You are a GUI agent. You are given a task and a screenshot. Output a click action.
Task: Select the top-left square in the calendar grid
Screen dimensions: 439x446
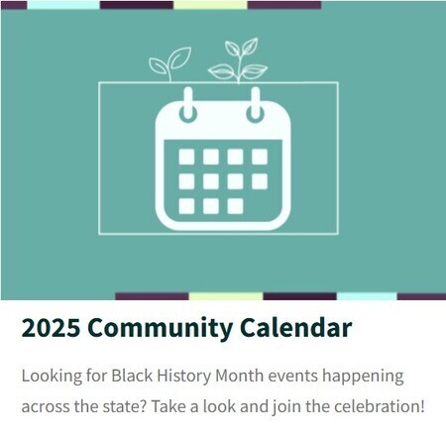[x=186, y=157]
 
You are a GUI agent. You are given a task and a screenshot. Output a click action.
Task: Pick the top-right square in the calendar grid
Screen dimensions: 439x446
[x=259, y=157]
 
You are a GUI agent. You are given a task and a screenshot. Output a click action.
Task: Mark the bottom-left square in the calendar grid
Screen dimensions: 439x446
[x=186, y=205]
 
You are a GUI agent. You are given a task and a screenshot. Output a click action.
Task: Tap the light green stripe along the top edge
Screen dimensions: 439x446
[x=210, y=5]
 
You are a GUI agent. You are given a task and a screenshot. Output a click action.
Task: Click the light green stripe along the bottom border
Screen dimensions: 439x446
[x=225, y=296]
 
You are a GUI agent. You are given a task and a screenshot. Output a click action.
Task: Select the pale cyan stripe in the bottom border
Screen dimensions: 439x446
[x=367, y=296]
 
